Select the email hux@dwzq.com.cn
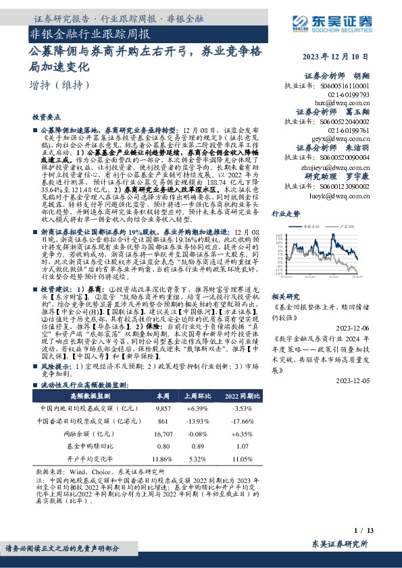click(349, 104)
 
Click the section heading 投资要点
click(47, 117)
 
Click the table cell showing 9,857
click(164, 409)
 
